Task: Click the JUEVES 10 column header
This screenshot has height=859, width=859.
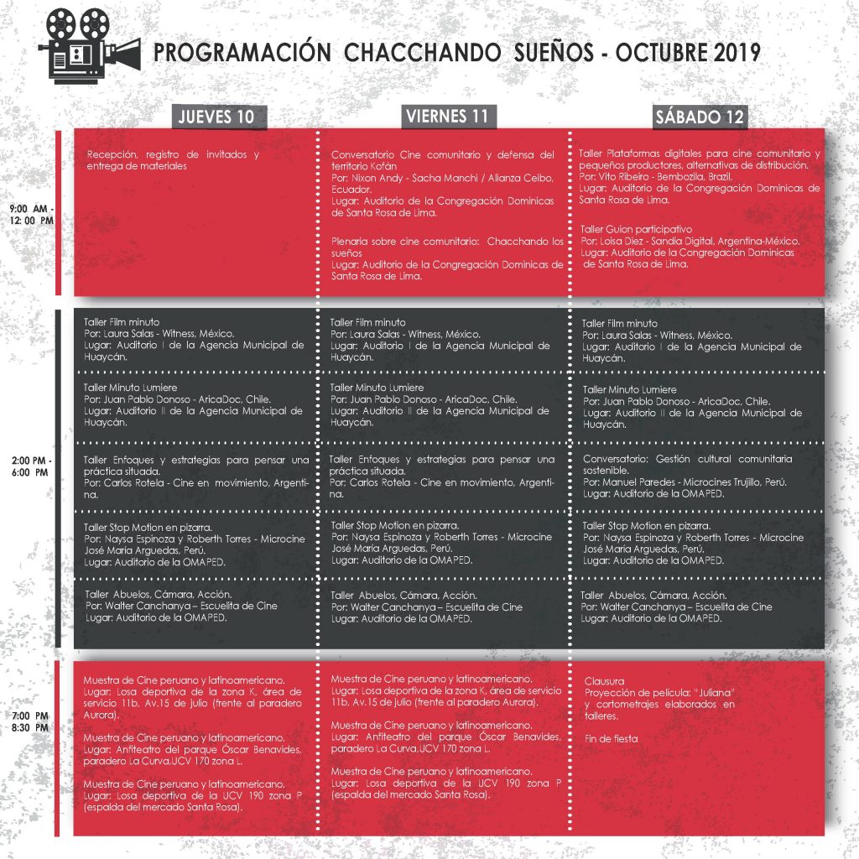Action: click(x=216, y=117)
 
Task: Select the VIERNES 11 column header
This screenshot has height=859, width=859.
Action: click(x=448, y=116)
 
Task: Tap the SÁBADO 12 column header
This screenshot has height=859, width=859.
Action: click(x=700, y=117)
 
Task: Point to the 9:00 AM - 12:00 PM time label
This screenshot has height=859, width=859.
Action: click(x=32, y=214)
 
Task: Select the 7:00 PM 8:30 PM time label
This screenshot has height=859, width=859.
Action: click(x=32, y=721)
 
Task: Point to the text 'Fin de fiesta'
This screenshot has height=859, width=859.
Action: click(x=611, y=738)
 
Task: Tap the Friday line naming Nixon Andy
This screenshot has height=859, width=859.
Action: click(x=442, y=178)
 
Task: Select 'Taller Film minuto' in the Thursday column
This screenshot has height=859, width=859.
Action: click(x=122, y=322)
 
